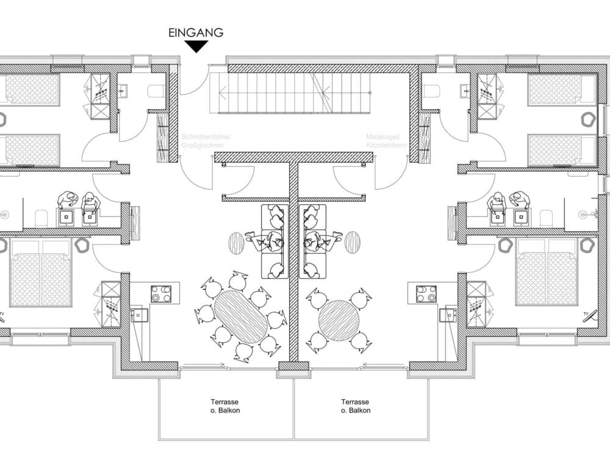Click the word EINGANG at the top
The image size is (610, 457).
196,33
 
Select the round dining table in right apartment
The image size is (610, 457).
339,320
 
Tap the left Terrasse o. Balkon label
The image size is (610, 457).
224,406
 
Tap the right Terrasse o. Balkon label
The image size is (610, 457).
356,406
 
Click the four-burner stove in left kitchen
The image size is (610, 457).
162,294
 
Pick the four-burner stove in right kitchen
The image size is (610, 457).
426,294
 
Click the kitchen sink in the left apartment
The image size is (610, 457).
138,315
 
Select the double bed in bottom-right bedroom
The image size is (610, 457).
547,272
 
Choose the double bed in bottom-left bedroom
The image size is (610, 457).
41,272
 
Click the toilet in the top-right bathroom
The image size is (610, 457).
431,91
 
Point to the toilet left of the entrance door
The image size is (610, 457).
156,91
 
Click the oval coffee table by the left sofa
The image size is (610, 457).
236,243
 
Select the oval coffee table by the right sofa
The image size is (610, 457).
352,243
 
